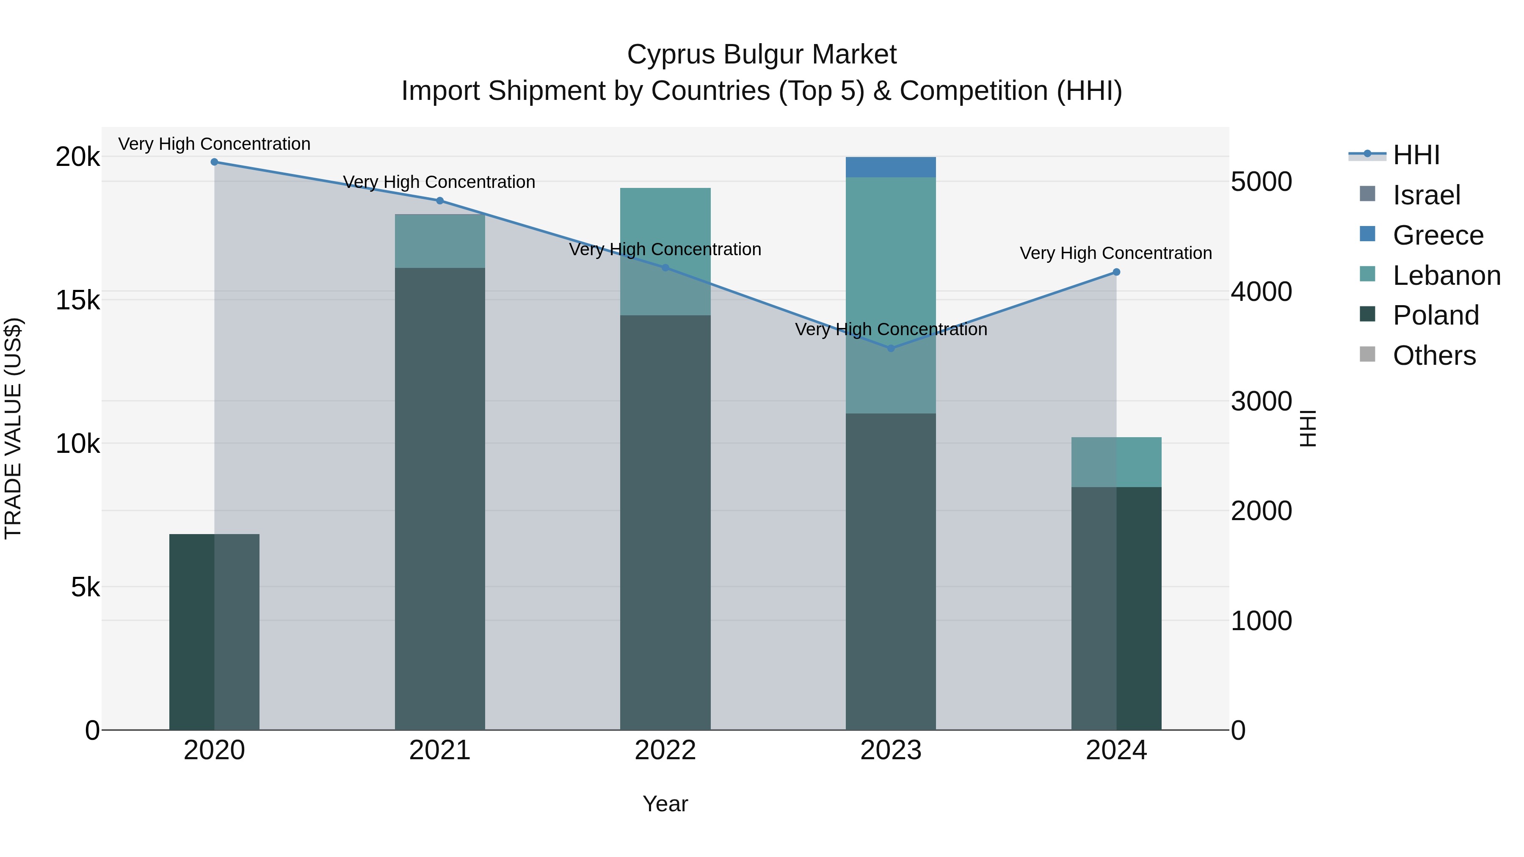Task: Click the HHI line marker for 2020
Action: point(214,162)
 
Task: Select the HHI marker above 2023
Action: point(891,348)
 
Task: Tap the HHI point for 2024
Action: point(1116,272)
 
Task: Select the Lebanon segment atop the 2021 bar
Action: point(439,241)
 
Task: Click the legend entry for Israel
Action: point(1426,195)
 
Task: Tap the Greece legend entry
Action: point(1438,235)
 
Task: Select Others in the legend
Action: point(1434,355)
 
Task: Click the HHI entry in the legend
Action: point(1416,155)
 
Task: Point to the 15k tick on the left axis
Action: point(77,300)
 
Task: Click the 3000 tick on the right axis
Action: point(1261,401)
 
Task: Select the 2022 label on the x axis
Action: point(665,750)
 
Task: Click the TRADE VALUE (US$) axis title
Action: point(13,428)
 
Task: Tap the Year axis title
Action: point(665,804)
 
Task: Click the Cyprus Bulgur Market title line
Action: point(762,55)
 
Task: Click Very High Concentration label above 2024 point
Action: point(1116,253)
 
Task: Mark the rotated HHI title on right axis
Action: point(1308,428)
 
